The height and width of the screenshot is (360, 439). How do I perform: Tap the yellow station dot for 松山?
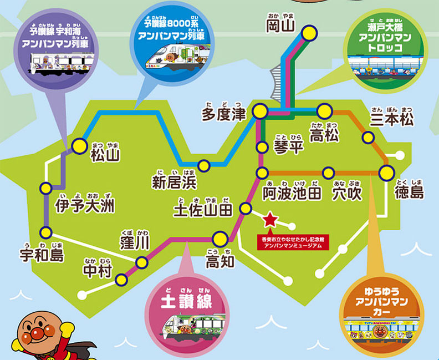click(80, 146)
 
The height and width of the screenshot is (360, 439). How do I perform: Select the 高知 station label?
click(220, 260)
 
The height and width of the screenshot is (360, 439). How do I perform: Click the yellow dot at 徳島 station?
click(386, 173)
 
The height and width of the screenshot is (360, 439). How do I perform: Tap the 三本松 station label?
click(392, 119)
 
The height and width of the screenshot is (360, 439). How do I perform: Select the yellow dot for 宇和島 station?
click(45, 232)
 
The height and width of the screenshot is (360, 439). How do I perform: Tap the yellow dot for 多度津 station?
click(259, 112)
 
